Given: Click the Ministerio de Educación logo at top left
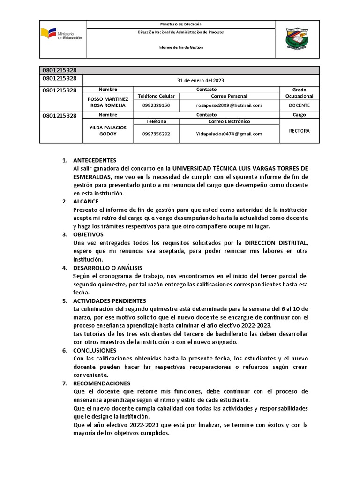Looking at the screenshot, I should pyautogui.click(x=61, y=34).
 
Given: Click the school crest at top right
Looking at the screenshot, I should pyautogui.click(x=297, y=39).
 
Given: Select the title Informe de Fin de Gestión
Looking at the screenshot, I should pyautogui.click(x=180, y=47).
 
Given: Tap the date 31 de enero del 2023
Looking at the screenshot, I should pyautogui.click(x=200, y=80).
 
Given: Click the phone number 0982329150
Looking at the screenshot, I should pyautogui.click(x=156, y=105).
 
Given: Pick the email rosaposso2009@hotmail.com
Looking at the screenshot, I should pyautogui.click(x=229, y=105).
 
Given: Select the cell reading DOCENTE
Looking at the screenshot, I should pyautogui.click(x=299, y=105).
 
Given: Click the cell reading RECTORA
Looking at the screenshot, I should pyautogui.click(x=299, y=131).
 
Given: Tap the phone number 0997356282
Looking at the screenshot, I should pyautogui.click(x=156, y=134).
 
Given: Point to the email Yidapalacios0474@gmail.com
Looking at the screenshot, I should pyautogui.click(x=229, y=134).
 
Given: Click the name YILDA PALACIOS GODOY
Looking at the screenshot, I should pyautogui.click(x=108, y=131).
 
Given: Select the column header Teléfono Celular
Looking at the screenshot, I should pyautogui.click(x=156, y=96).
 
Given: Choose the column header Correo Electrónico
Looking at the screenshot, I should pyautogui.click(x=229, y=121).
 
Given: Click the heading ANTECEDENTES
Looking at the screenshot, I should pyautogui.click(x=95, y=160).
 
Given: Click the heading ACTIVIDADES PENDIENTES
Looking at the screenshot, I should pyautogui.click(x=110, y=300).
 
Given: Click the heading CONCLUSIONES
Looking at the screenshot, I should pyautogui.click(x=95, y=350).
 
